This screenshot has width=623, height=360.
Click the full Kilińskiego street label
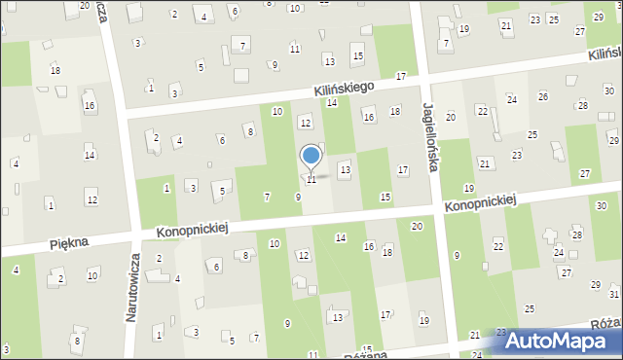pos(345,89)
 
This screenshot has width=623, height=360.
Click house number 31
pos(614,293)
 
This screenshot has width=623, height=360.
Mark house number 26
pos(542,96)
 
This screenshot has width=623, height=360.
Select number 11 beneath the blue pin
pos(311,180)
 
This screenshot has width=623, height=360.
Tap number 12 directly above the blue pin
pos(305,123)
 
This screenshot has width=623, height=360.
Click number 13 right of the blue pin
pos(344,170)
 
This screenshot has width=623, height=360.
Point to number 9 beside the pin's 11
pos(298,198)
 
